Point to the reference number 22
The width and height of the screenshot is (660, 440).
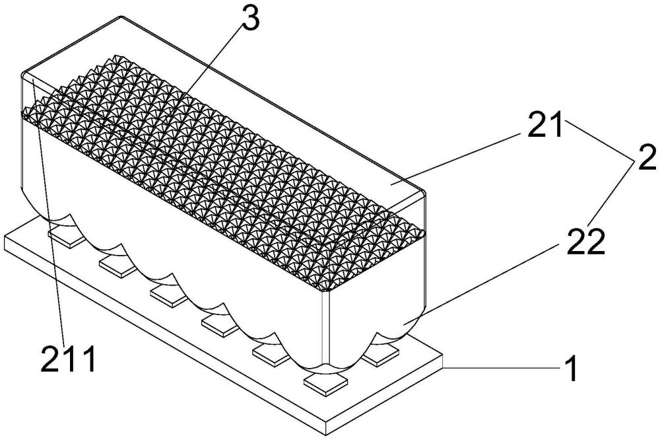click(x=586, y=242)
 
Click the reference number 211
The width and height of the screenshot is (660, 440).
click(x=69, y=359)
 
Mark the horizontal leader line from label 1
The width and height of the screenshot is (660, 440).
click(x=502, y=368)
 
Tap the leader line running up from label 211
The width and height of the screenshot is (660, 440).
click(x=48, y=210)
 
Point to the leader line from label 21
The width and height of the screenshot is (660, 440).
click(x=456, y=159)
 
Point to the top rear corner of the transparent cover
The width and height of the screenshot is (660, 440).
click(x=123, y=17)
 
